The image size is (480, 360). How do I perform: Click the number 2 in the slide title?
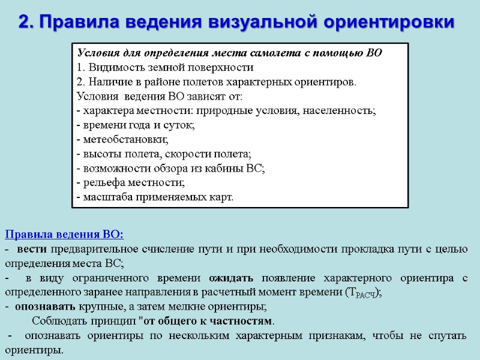point(25,22)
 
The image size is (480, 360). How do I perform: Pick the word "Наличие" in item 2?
point(108,82)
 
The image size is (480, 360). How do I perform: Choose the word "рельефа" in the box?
point(103,182)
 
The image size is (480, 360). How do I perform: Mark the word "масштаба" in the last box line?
point(106,197)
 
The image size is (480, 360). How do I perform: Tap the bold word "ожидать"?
point(230,278)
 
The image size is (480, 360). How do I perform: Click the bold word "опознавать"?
point(44,307)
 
